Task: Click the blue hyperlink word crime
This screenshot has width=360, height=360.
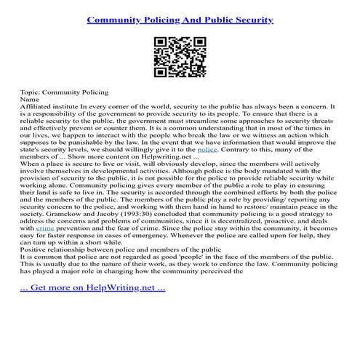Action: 45,249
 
